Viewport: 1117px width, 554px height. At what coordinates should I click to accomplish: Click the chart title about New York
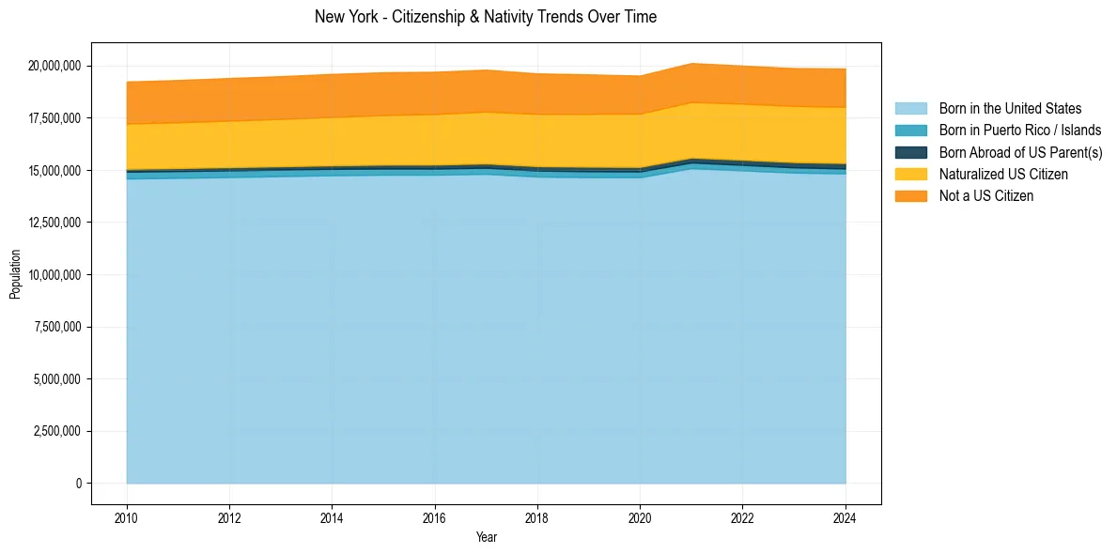coord(486,17)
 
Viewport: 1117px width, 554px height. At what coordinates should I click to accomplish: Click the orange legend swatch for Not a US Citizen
coord(910,195)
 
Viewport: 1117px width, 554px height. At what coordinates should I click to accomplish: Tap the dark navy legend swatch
coord(910,152)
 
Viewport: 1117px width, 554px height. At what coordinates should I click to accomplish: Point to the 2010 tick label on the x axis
coord(127,517)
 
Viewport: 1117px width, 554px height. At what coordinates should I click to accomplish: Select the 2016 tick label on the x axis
coord(435,517)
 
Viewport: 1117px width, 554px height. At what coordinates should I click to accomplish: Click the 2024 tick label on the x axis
coord(846,517)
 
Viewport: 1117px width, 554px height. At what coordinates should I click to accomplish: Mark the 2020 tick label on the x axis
coord(640,517)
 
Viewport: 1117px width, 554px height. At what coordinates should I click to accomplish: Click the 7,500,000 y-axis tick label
coord(57,327)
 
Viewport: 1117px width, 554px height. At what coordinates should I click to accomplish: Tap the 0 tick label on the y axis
coord(79,484)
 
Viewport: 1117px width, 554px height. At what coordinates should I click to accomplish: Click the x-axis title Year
coord(486,538)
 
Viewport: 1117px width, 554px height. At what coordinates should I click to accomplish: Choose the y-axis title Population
coord(15,274)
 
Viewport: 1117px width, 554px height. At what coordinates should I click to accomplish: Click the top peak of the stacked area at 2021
coord(691,63)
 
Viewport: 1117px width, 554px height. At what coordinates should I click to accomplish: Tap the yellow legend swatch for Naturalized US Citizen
coord(910,174)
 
